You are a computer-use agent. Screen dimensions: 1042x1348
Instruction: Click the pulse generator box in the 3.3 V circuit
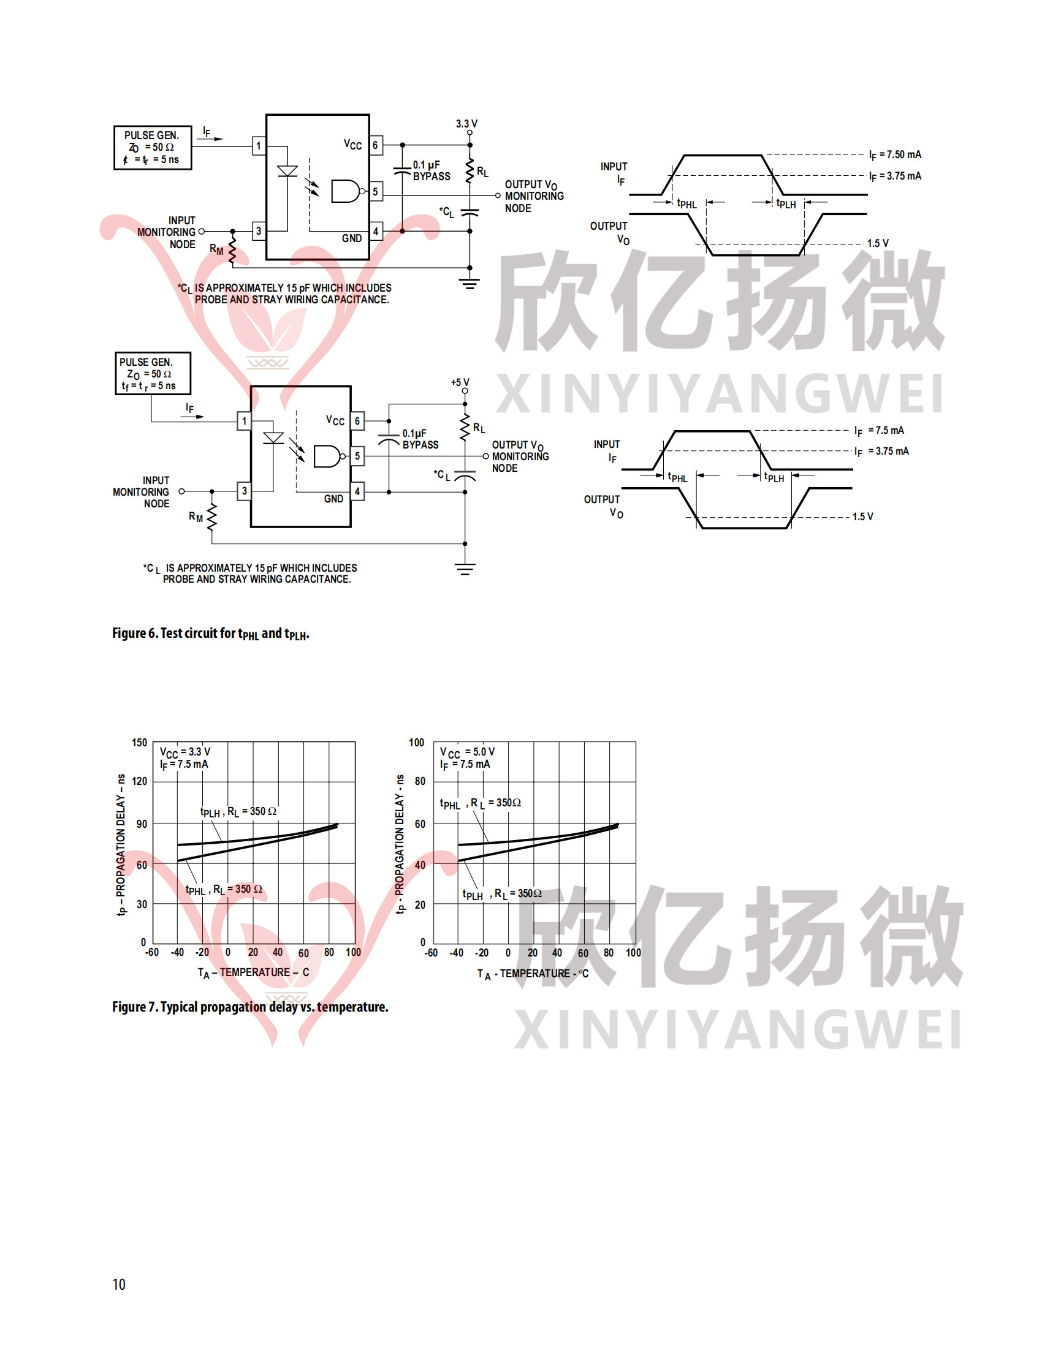(153, 148)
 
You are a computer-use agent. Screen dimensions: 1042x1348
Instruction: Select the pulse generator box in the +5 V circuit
(153, 373)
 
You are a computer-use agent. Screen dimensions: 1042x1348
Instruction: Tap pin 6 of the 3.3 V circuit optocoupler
(375, 145)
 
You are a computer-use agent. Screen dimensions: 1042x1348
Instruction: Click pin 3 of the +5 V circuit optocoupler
(245, 491)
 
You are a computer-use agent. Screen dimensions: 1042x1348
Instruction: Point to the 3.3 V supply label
(466, 123)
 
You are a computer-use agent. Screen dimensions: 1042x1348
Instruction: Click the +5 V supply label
(460, 383)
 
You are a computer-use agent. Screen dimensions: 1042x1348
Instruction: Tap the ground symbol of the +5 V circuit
(465, 569)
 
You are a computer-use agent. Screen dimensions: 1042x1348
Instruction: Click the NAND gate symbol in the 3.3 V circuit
(346, 191)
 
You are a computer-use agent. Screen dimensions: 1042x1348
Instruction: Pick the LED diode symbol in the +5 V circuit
(273, 438)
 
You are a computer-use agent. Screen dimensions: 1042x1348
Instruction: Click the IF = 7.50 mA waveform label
(894, 154)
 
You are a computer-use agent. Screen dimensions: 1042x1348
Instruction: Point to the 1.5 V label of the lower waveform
(862, 517)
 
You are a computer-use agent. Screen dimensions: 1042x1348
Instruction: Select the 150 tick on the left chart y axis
(140, 743)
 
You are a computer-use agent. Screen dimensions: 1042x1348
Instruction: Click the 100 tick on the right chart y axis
(417, 743)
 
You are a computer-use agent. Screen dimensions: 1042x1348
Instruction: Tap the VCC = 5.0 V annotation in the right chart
(466, 752)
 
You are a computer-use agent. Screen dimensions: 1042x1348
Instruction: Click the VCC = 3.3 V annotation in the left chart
(185, 752)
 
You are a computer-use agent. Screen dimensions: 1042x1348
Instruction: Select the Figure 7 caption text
(250, 1007)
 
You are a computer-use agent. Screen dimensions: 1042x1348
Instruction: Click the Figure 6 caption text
(210, 634)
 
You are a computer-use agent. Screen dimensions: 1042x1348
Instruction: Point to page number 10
(119, 1284)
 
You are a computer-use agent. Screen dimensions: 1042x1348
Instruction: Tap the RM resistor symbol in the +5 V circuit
(211, 517)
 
